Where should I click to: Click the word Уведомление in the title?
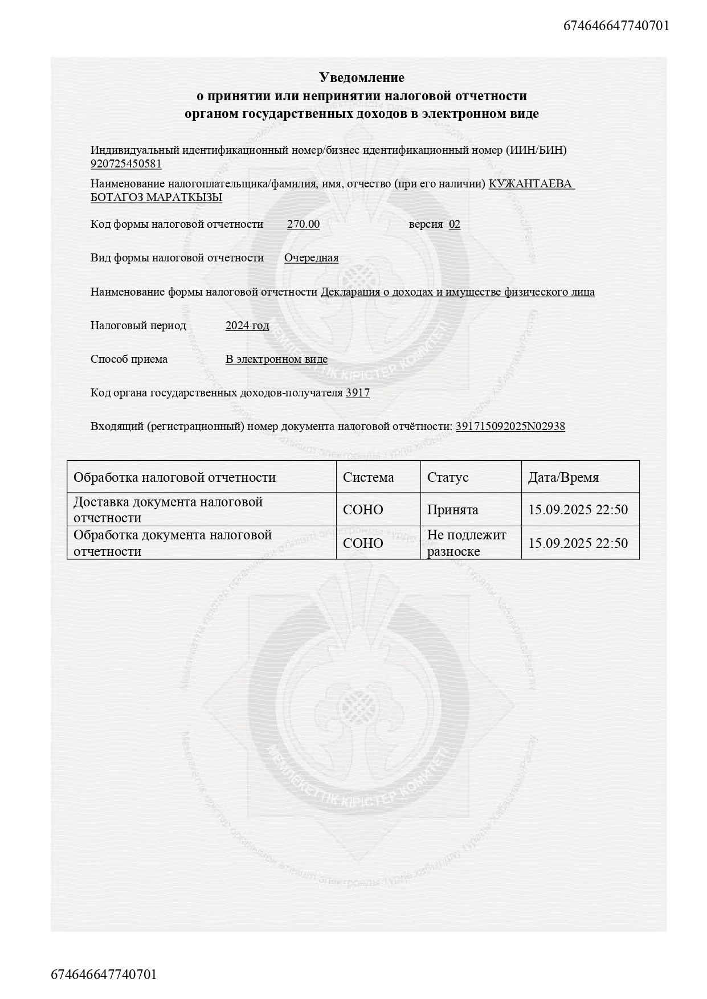[361, 77]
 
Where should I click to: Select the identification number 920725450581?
[126, 164]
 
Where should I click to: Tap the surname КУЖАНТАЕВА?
[531, 184]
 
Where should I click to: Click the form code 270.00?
[303, 224]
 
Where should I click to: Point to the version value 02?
[454, 224]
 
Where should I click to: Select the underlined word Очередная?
[311, 258]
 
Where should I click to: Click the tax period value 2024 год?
[247, 326]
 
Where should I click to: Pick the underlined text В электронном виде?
[276, 359]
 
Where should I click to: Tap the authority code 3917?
[358, 393]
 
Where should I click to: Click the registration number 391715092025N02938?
[510, 427]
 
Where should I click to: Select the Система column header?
[368, 477]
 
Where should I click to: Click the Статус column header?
[447, 477]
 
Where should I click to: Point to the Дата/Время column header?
[563, 477]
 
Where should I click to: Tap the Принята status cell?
[452, 510]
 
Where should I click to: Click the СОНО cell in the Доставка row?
[363, 510]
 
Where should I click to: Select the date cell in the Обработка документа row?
[578, 543]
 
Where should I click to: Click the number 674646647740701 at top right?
[616, 26]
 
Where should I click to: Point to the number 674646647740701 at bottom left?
[104, 974]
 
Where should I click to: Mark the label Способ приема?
[129, 359]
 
